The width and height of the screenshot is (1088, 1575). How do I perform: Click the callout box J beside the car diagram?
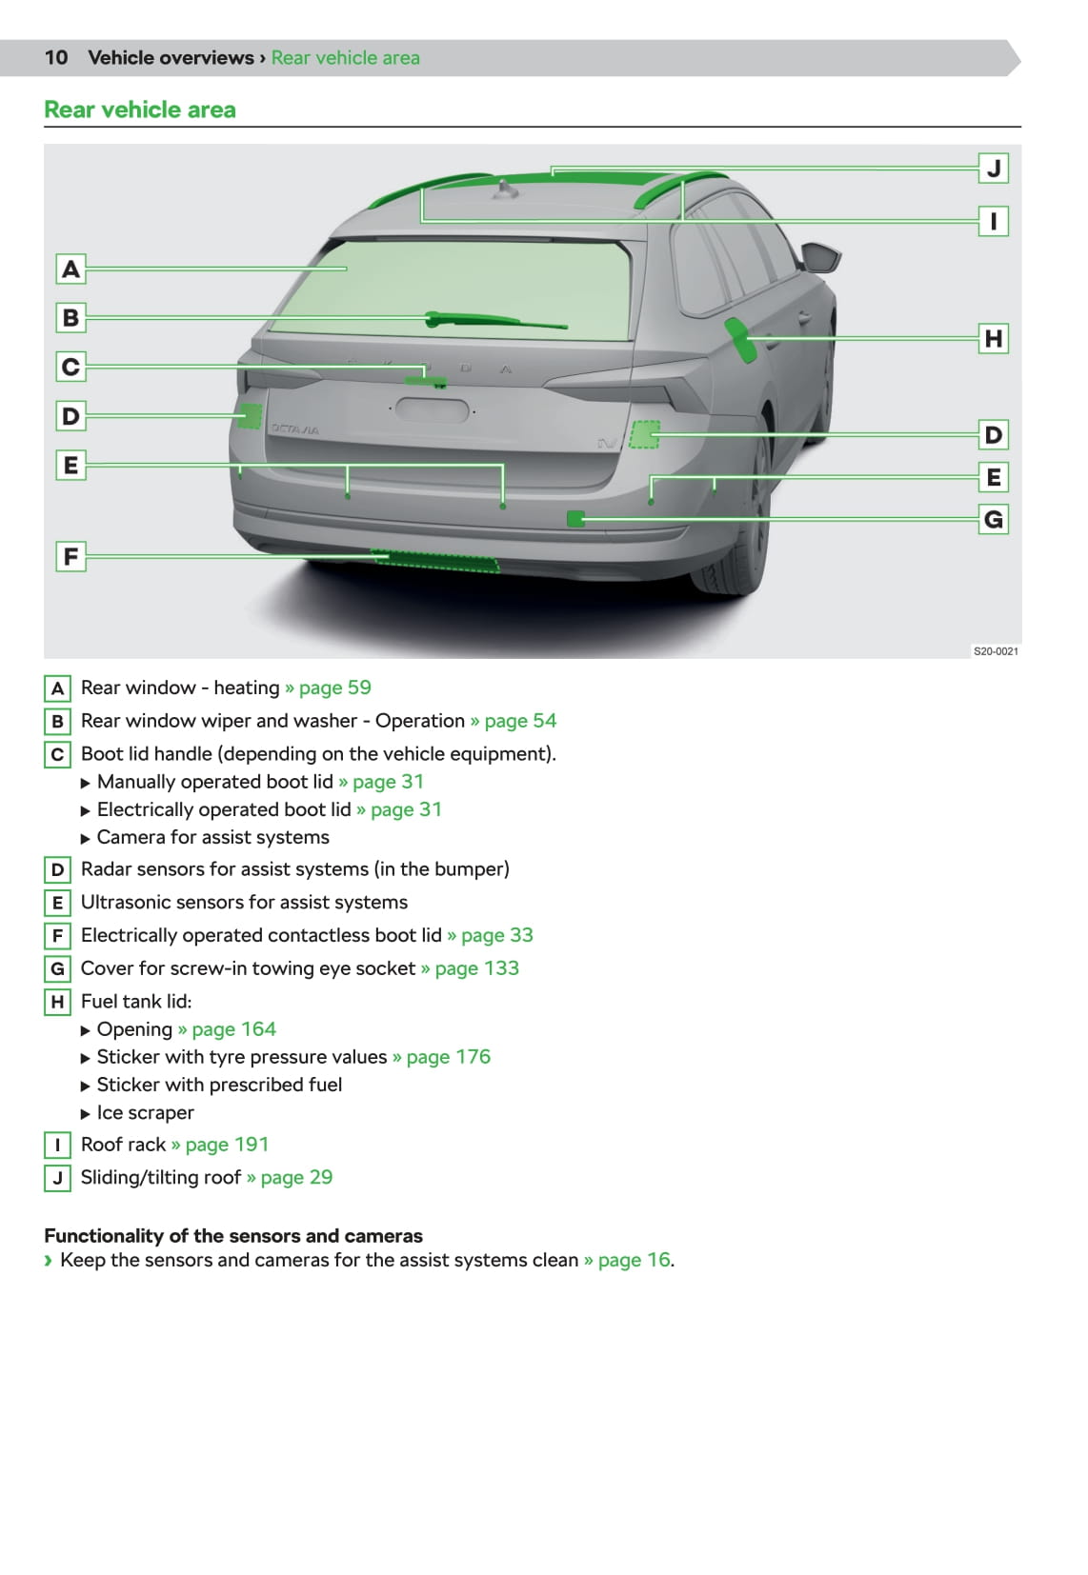993,169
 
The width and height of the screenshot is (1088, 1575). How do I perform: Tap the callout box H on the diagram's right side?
993,338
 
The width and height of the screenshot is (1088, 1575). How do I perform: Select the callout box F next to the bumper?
71,556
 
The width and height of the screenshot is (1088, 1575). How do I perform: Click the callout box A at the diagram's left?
71,269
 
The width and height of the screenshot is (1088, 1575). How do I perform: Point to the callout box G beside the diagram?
993,519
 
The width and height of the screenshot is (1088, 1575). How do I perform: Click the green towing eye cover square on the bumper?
574,518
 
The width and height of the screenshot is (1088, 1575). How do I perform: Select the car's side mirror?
820,257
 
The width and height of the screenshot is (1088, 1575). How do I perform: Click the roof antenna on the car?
506,190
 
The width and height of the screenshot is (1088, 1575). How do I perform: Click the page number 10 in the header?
56,58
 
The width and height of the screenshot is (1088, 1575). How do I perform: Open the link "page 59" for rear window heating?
334,688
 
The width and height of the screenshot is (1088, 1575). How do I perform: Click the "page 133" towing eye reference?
476,968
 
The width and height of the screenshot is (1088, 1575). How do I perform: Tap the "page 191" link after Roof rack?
227,1145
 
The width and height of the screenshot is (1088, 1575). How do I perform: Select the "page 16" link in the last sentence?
634,1260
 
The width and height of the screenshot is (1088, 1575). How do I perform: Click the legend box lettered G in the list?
57,969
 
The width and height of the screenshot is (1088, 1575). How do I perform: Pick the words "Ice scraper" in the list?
145,1112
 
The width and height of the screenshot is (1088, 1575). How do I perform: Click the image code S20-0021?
995,651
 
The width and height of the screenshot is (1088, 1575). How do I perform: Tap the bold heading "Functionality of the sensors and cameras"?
233,1236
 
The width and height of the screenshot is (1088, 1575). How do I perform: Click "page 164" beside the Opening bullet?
233,1029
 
